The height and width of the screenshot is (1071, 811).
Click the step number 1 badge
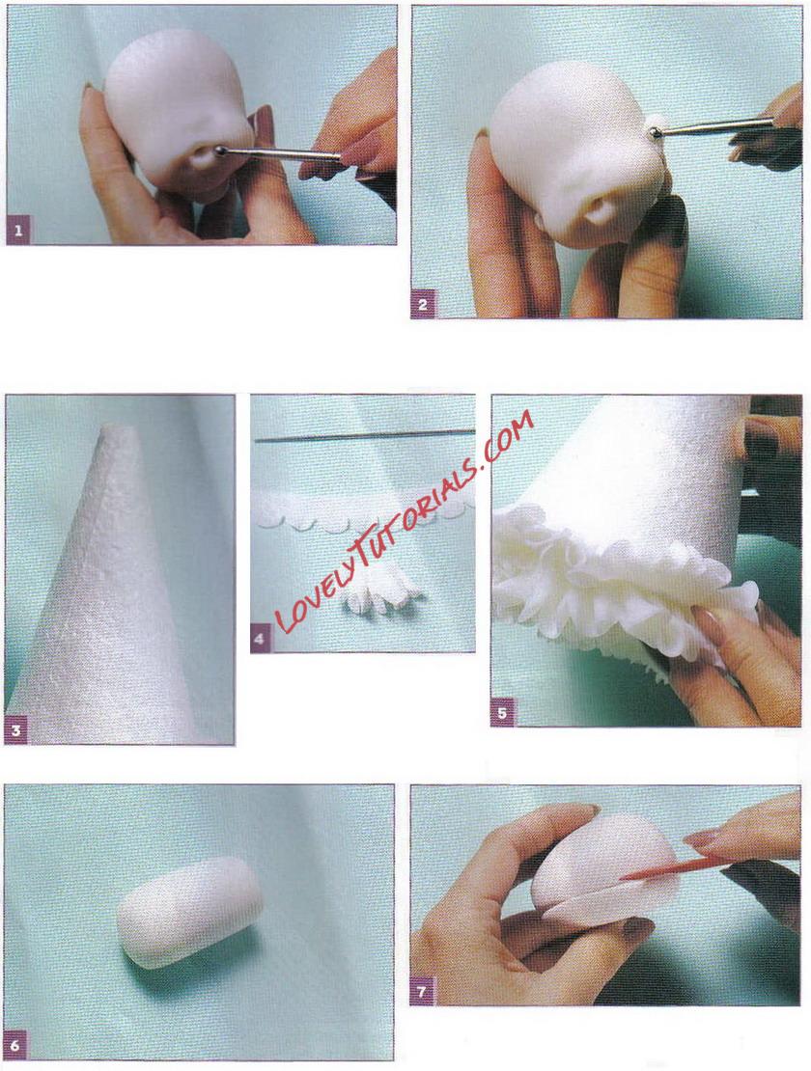click(x=17, y=231)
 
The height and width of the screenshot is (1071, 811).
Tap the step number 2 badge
click(x=422, y=305)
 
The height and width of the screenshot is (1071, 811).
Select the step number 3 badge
click(x=16, y=732)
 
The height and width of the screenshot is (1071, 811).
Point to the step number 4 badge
click(x=260, y=640)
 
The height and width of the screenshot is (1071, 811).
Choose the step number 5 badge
click(x=502, y=714)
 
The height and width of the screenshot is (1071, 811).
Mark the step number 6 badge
click(x=17, y=1044)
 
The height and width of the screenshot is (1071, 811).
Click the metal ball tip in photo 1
click(x=222, y=149)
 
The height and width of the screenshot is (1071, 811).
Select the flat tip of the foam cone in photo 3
click(x=118, y=429)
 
